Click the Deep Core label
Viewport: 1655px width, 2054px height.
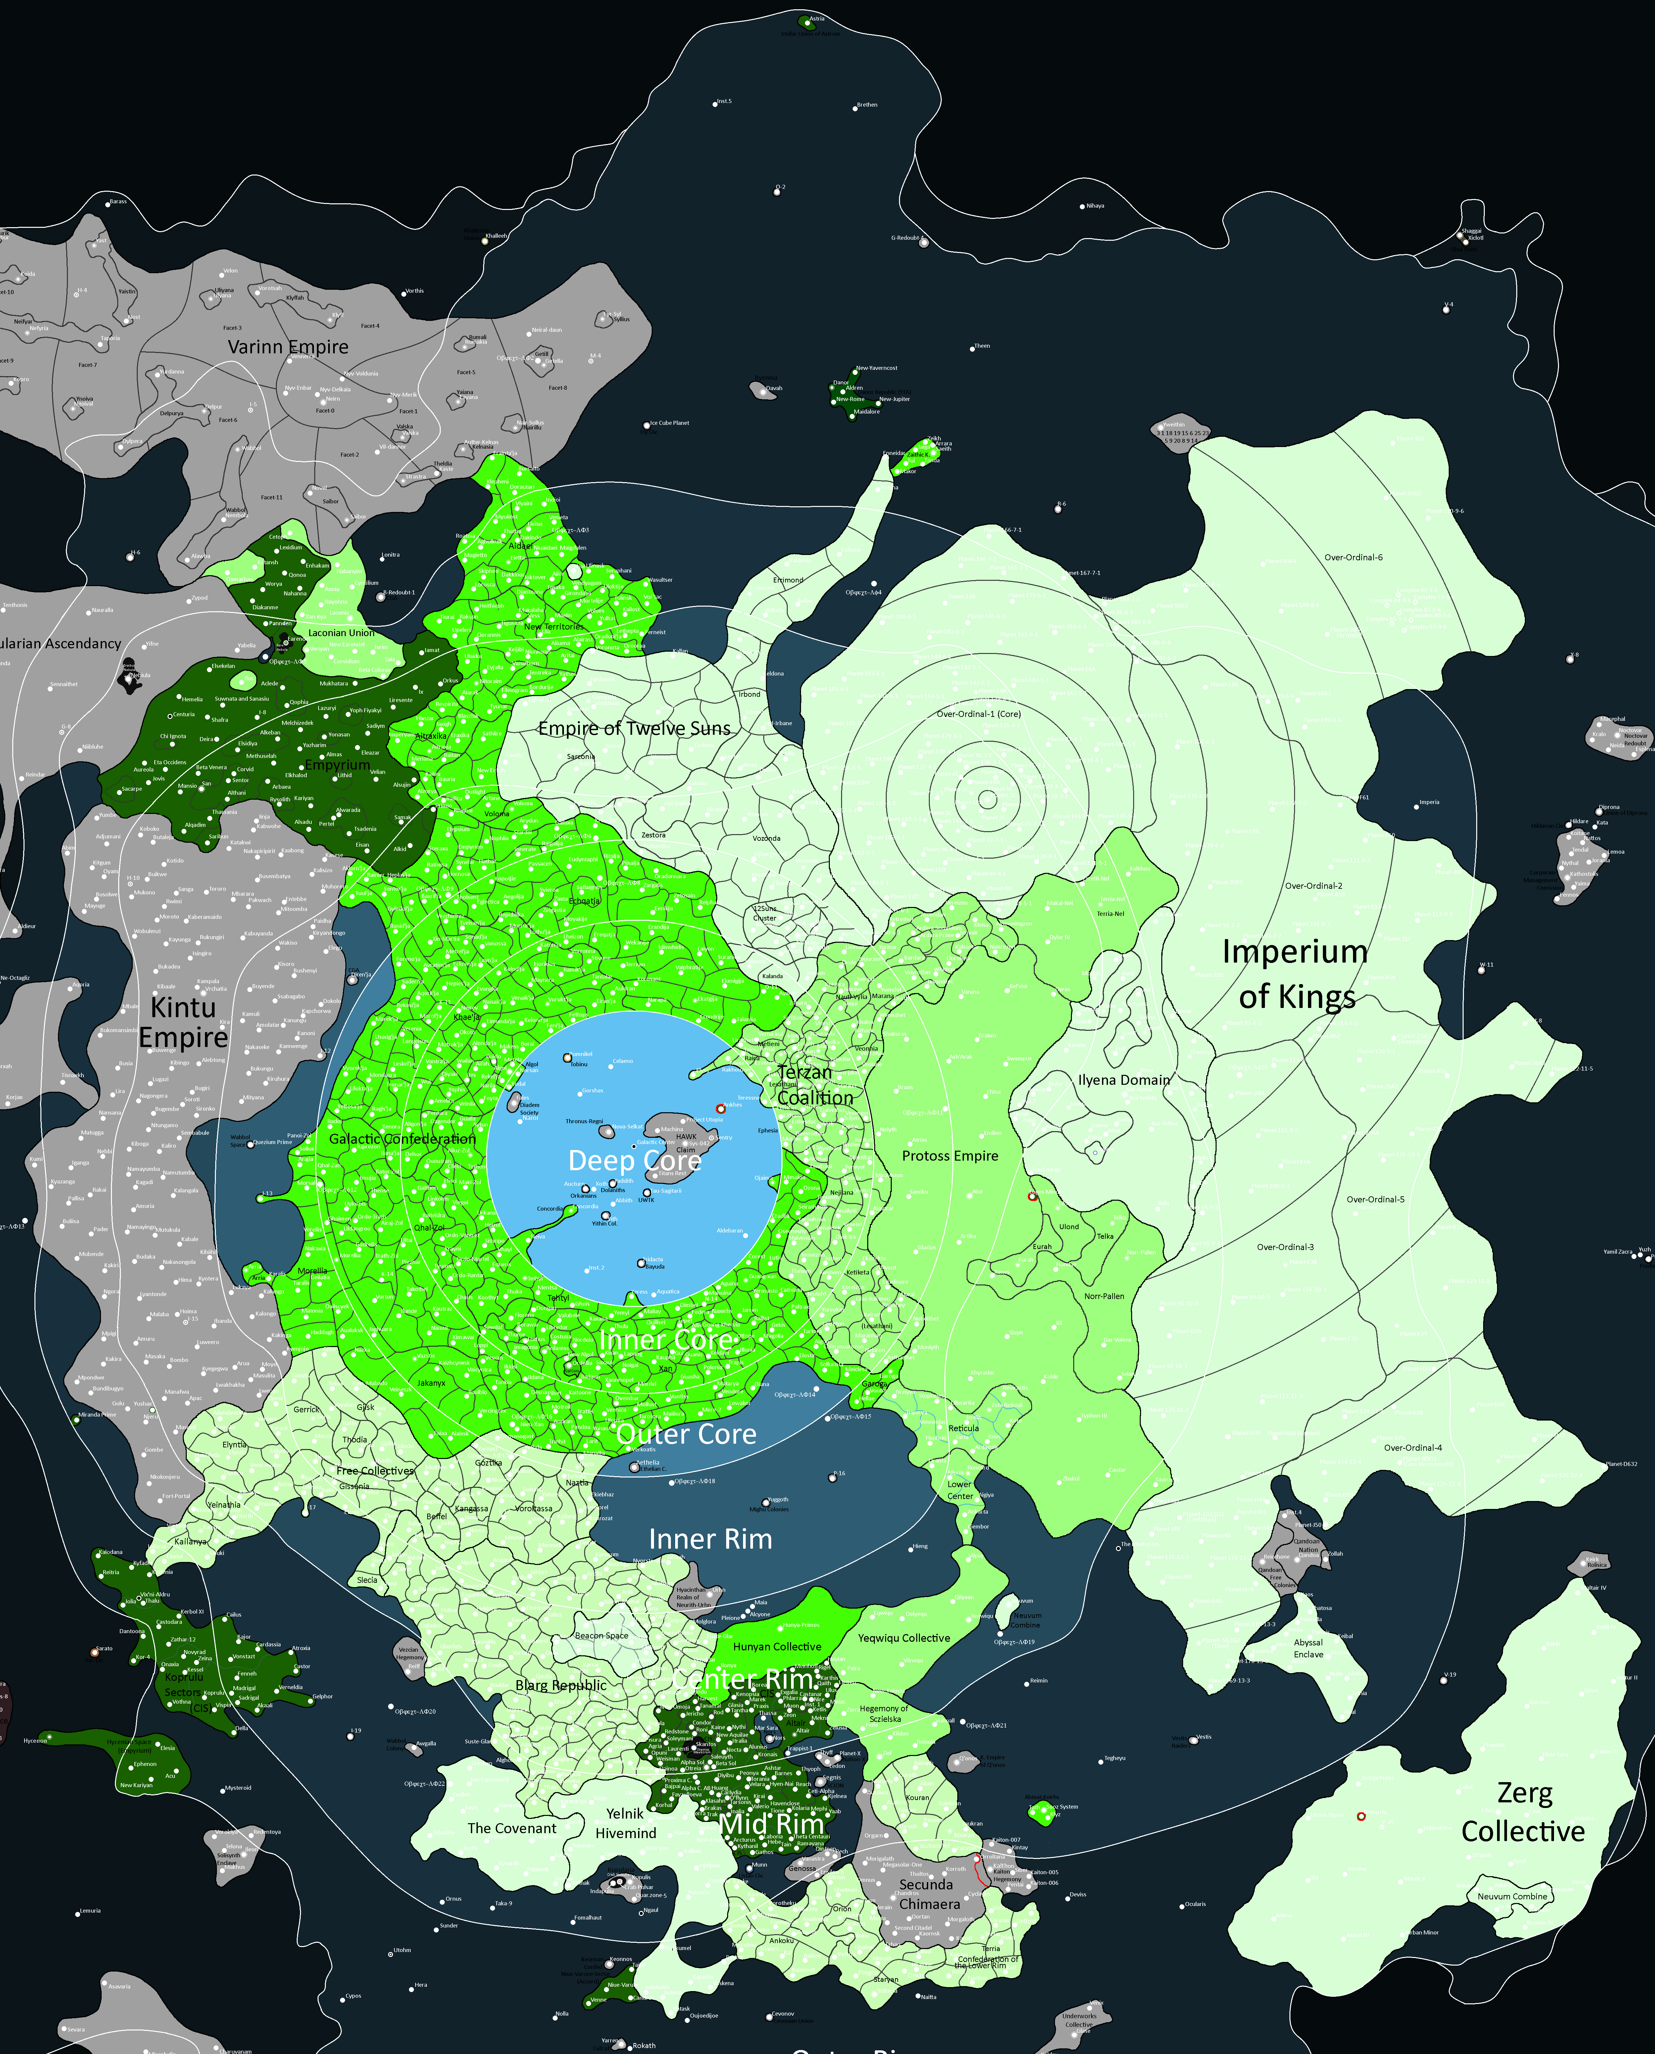coord(634,1160)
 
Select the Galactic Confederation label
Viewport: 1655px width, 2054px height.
coord(402,1139)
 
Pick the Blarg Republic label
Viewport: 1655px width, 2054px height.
coord(561,1685)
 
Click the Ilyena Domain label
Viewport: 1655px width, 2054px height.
coord(1124,1080)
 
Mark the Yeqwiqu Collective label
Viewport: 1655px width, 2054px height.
coord(904,1637)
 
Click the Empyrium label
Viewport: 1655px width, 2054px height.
coord(337,765)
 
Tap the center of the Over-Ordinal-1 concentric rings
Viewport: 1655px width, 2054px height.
coord(988,800)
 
